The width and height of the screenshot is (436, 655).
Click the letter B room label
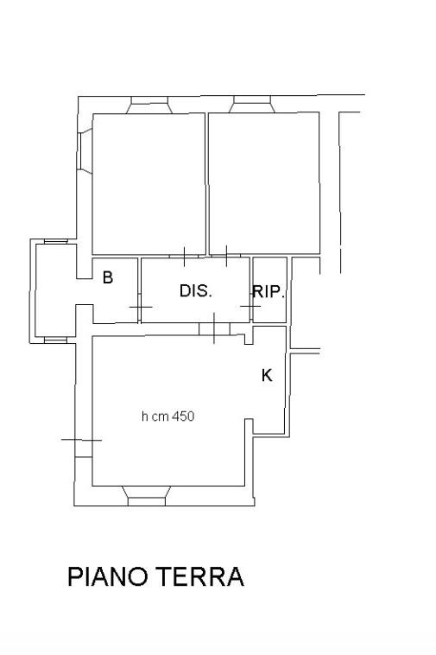click(x=108, y=277)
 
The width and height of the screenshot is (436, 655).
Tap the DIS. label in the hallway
click(x=196, y=290)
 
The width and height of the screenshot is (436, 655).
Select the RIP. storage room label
click(x=269, y=291)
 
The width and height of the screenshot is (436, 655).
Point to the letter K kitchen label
click(x=267, y=375)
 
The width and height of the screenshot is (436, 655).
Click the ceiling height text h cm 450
click(x=167, y=417)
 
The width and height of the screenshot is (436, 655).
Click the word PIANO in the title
click(x=108, y=576)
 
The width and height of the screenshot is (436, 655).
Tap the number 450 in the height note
click(x=183, y=417)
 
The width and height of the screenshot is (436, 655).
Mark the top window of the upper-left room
click(x=149, y=105)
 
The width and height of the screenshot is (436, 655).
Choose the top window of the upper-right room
click(x=251, y=104)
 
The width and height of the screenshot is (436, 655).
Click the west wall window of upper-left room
click(x=85, y=151)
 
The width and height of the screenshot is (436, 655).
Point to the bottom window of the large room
click(x=146, y=496)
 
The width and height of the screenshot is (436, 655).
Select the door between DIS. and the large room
click(x=214, y=328)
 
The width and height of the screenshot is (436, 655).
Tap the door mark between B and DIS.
click(x=139, y=307)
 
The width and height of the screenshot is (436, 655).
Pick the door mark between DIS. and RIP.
click(x=250, y=306)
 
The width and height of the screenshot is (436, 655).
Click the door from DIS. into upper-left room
click(x=184, y=256)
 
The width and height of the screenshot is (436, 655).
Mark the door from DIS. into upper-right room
click(x=226, y=256)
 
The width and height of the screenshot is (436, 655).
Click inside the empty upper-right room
click(x=263, y=183)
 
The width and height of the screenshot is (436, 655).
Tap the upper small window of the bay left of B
click(x=56, y=241)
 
